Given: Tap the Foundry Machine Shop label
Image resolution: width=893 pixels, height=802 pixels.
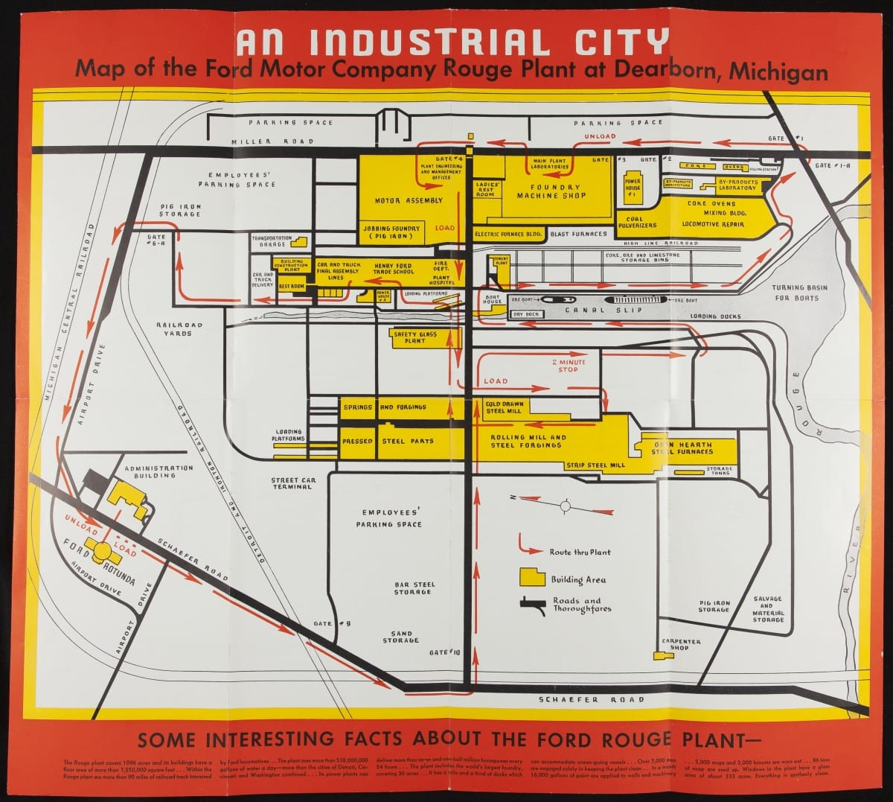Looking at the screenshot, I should click(x=551, y=191).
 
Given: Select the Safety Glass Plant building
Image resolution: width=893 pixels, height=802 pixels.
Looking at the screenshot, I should click(x=415, y=337).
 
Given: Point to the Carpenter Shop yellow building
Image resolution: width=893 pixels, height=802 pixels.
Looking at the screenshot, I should click(x=659, y=656).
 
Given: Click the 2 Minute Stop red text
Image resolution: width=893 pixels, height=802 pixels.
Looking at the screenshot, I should click(x=569, y=366).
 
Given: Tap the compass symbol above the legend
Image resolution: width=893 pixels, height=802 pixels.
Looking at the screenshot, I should click(x=565, y=506).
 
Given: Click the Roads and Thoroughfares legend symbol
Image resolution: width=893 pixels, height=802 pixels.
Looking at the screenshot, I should click(x=531, y=604).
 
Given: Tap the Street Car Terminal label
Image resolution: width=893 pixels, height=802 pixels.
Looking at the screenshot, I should click(x=292, y=483).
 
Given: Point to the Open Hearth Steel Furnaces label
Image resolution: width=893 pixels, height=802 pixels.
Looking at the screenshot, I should click(x=682, y=448).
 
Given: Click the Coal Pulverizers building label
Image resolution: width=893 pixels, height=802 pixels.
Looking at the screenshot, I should click(x=636, y=222).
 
